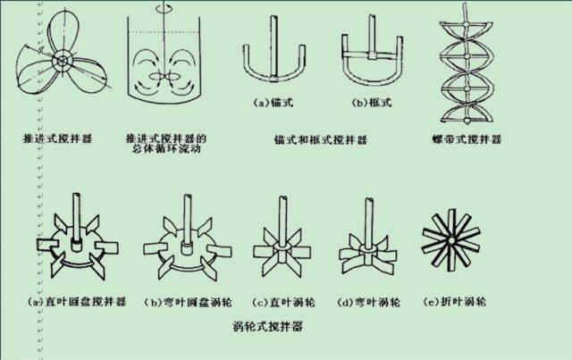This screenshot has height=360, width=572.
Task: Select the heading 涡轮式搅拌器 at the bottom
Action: pyautogui.click(x=266, y=328)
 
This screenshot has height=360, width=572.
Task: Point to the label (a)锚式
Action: pyautogui.click(x=272, y=104)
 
